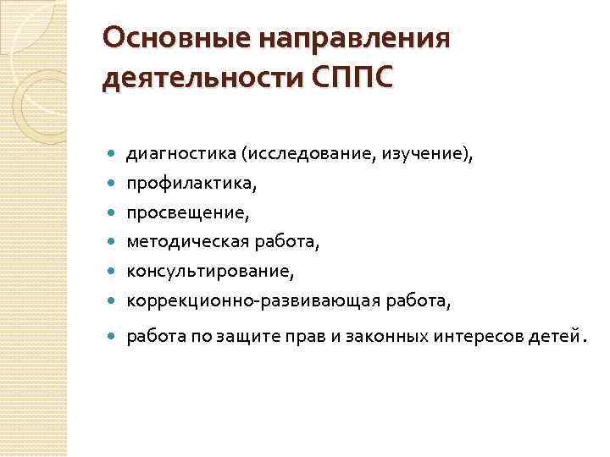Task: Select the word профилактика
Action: coord(179,183)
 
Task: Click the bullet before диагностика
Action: coord(114,154)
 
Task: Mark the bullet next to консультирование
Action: coord(114,272)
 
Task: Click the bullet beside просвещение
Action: coord(114,212)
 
